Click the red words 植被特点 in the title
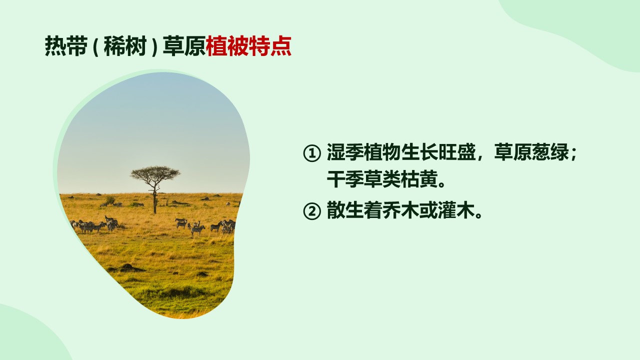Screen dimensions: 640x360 point(248,46)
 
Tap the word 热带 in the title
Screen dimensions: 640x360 point(66,46)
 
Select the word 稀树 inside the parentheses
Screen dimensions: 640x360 point(125,46)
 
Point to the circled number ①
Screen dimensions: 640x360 point(311,153)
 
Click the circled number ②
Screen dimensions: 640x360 point(311,211)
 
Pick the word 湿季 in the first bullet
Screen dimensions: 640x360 point(345,152)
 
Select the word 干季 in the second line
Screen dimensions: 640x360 point(345,179)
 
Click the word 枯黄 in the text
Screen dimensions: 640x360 point(419,179)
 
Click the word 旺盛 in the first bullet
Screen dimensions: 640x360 point(456,152)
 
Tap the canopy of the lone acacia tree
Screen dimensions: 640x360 point(155,173)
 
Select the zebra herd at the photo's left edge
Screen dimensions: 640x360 point(94,224)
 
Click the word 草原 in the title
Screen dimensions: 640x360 point(184,46)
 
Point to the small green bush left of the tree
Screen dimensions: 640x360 point(110,199)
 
